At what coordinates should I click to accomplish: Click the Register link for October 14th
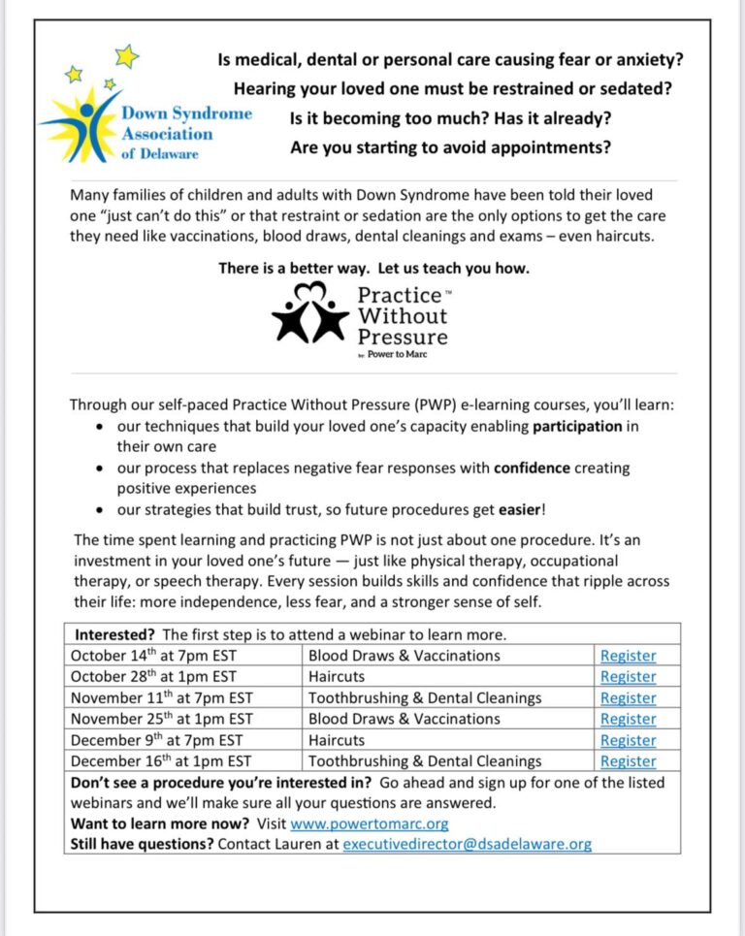pos(628,656)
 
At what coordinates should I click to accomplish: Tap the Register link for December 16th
pos(628,761)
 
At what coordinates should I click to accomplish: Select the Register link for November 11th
pos(628,698)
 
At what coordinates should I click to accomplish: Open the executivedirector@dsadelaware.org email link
pos(467,844)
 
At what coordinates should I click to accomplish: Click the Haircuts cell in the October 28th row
pos(337,677)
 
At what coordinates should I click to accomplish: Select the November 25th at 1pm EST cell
pos(161,719)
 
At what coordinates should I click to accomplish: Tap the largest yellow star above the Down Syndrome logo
pos(126,56)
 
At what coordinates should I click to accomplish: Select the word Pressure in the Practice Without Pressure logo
pos(403,338)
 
